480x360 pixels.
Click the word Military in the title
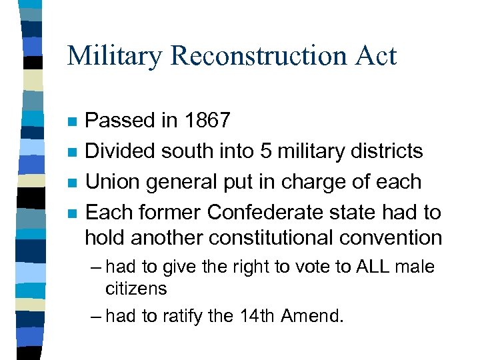click(115, 56)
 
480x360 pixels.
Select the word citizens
click(136, 289)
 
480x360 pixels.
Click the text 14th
click(257, 315)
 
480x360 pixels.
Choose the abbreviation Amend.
click(313, 315)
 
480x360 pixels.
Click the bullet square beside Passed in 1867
click(73, 122)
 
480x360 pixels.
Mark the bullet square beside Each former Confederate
click(73, 214)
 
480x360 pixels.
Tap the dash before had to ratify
click(95, 315)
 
